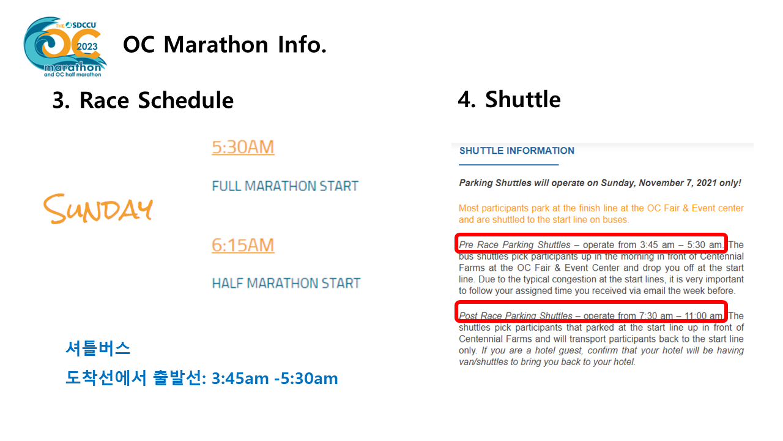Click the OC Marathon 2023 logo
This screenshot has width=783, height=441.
[65, 47]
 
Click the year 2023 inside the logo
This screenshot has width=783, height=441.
[87, 47]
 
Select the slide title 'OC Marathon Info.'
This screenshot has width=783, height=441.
[225, 45]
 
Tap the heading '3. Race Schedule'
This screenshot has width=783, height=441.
[143, 100]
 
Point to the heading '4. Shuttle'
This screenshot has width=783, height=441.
[510, 99]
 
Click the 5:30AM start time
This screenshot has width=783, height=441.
[243, 147]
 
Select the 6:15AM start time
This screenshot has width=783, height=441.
[243, 245]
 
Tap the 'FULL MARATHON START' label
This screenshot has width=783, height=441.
[285, 186]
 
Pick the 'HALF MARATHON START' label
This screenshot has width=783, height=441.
[286, 283]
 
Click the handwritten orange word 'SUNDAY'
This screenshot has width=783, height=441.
[98, 209]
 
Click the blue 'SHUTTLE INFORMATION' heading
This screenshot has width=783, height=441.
[517, 151]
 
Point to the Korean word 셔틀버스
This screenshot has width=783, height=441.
[98, 349]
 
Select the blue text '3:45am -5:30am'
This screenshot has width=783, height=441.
[275, 379]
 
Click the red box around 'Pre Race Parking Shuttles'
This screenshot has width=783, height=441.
[591, 235]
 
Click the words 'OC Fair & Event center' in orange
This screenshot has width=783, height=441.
[696, 208]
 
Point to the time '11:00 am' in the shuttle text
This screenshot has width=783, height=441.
[703, 315]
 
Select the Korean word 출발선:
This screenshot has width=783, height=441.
[180, 379]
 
